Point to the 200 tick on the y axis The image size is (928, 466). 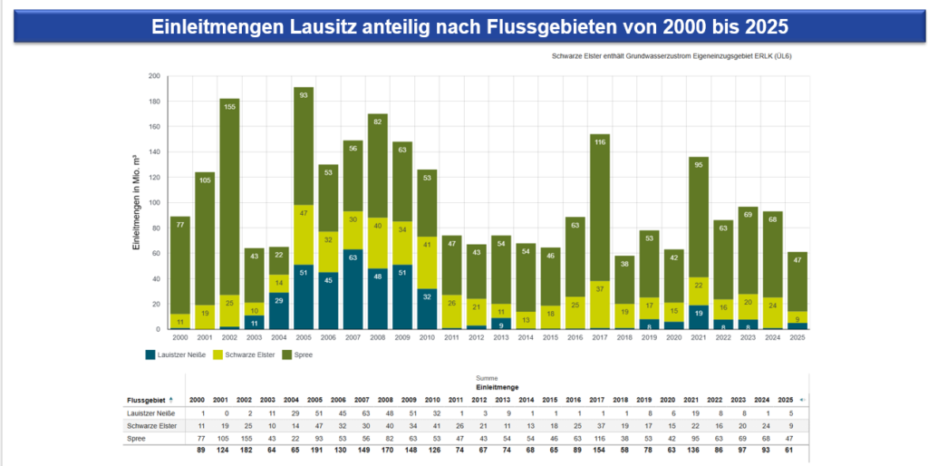coord(154,77)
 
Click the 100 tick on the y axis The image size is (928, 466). coord(154,203)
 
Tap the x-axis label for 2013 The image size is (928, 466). coord(500,337)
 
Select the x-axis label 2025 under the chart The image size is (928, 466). coord(796,337)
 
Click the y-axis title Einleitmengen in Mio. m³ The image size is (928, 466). coord(136,202)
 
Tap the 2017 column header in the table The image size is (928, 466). coord(597,400)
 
